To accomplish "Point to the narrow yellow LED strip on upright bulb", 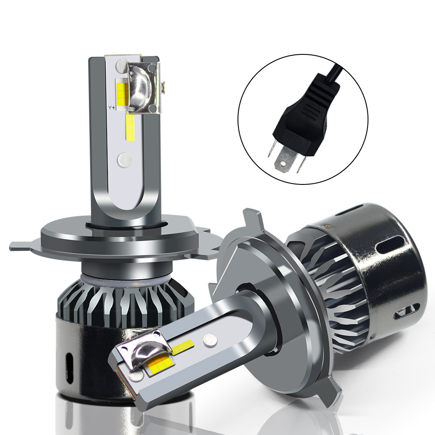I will [x=129, y=127].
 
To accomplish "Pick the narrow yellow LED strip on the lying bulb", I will [x=182, y=347].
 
